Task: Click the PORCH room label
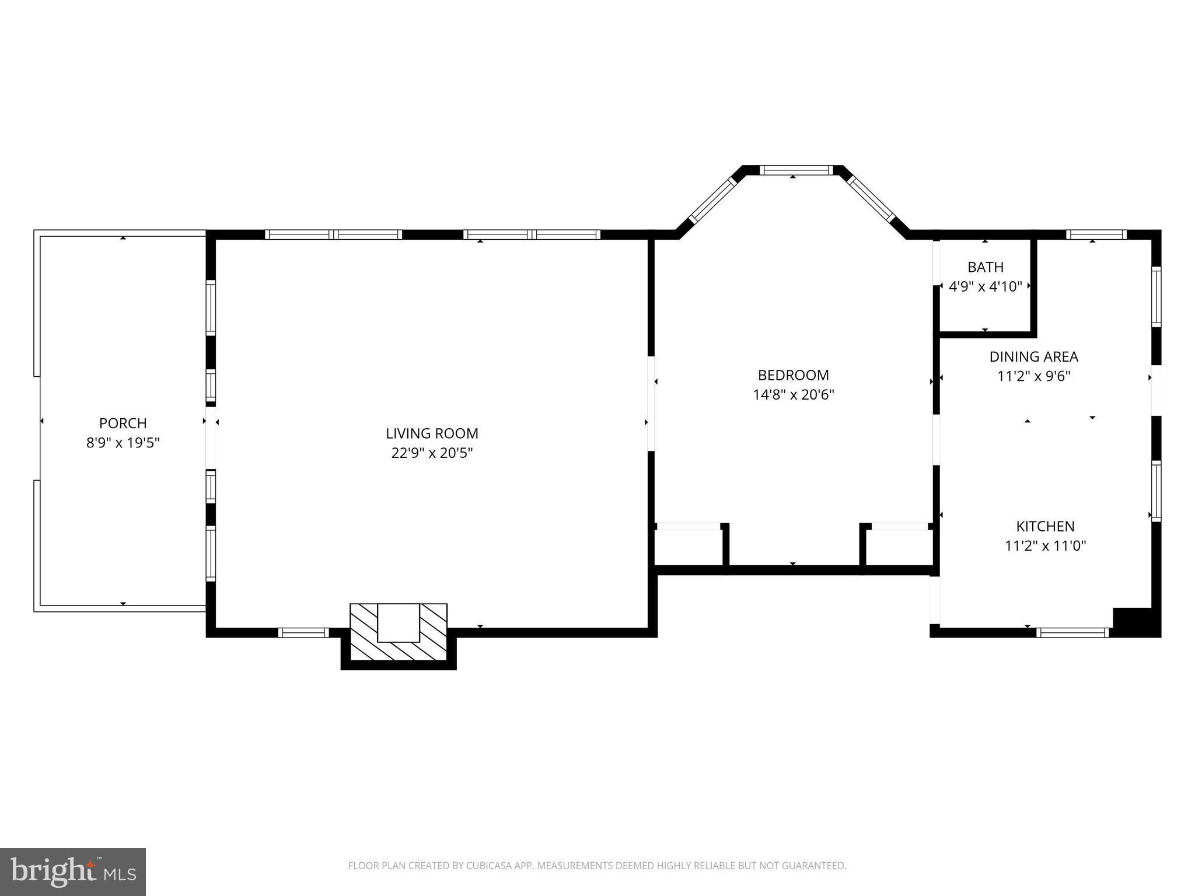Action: [x=123, y=423]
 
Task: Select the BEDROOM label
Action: [x=793, y=375]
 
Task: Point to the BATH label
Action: [x=986, y=267]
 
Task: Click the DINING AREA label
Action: [x=1033, y=356]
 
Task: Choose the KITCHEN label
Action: [x=1045, y=526]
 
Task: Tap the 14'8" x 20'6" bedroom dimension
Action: [x=793, y=395]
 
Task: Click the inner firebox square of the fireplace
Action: [x=399, y=622]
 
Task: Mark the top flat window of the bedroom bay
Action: [x=796, y=170]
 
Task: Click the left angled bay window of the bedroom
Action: [x=712, y=201]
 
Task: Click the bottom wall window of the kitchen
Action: [x=1072, y=632]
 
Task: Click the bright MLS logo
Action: [x=73, y=871]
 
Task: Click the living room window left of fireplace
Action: [x=303, y=632]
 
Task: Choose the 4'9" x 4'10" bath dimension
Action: [x=986, y=286]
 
